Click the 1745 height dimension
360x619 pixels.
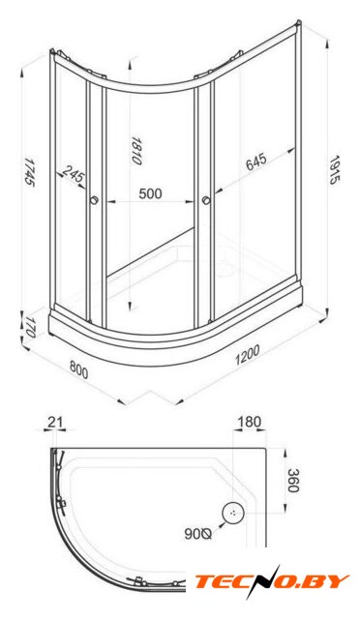click(x=29, y=173)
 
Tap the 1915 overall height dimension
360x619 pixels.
click(x=334, y=170)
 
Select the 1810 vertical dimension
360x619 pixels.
click(x=135, y=151)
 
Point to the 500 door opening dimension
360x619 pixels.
click(x=150, y=193)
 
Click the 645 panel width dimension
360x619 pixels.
click(x=256, y=162)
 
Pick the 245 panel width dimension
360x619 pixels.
click(x=74, y=174)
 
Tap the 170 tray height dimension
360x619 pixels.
click(x=30, y=327)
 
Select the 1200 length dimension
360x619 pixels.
click(x=248, y=355)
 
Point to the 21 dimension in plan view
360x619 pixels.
click(x=55, y=422)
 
